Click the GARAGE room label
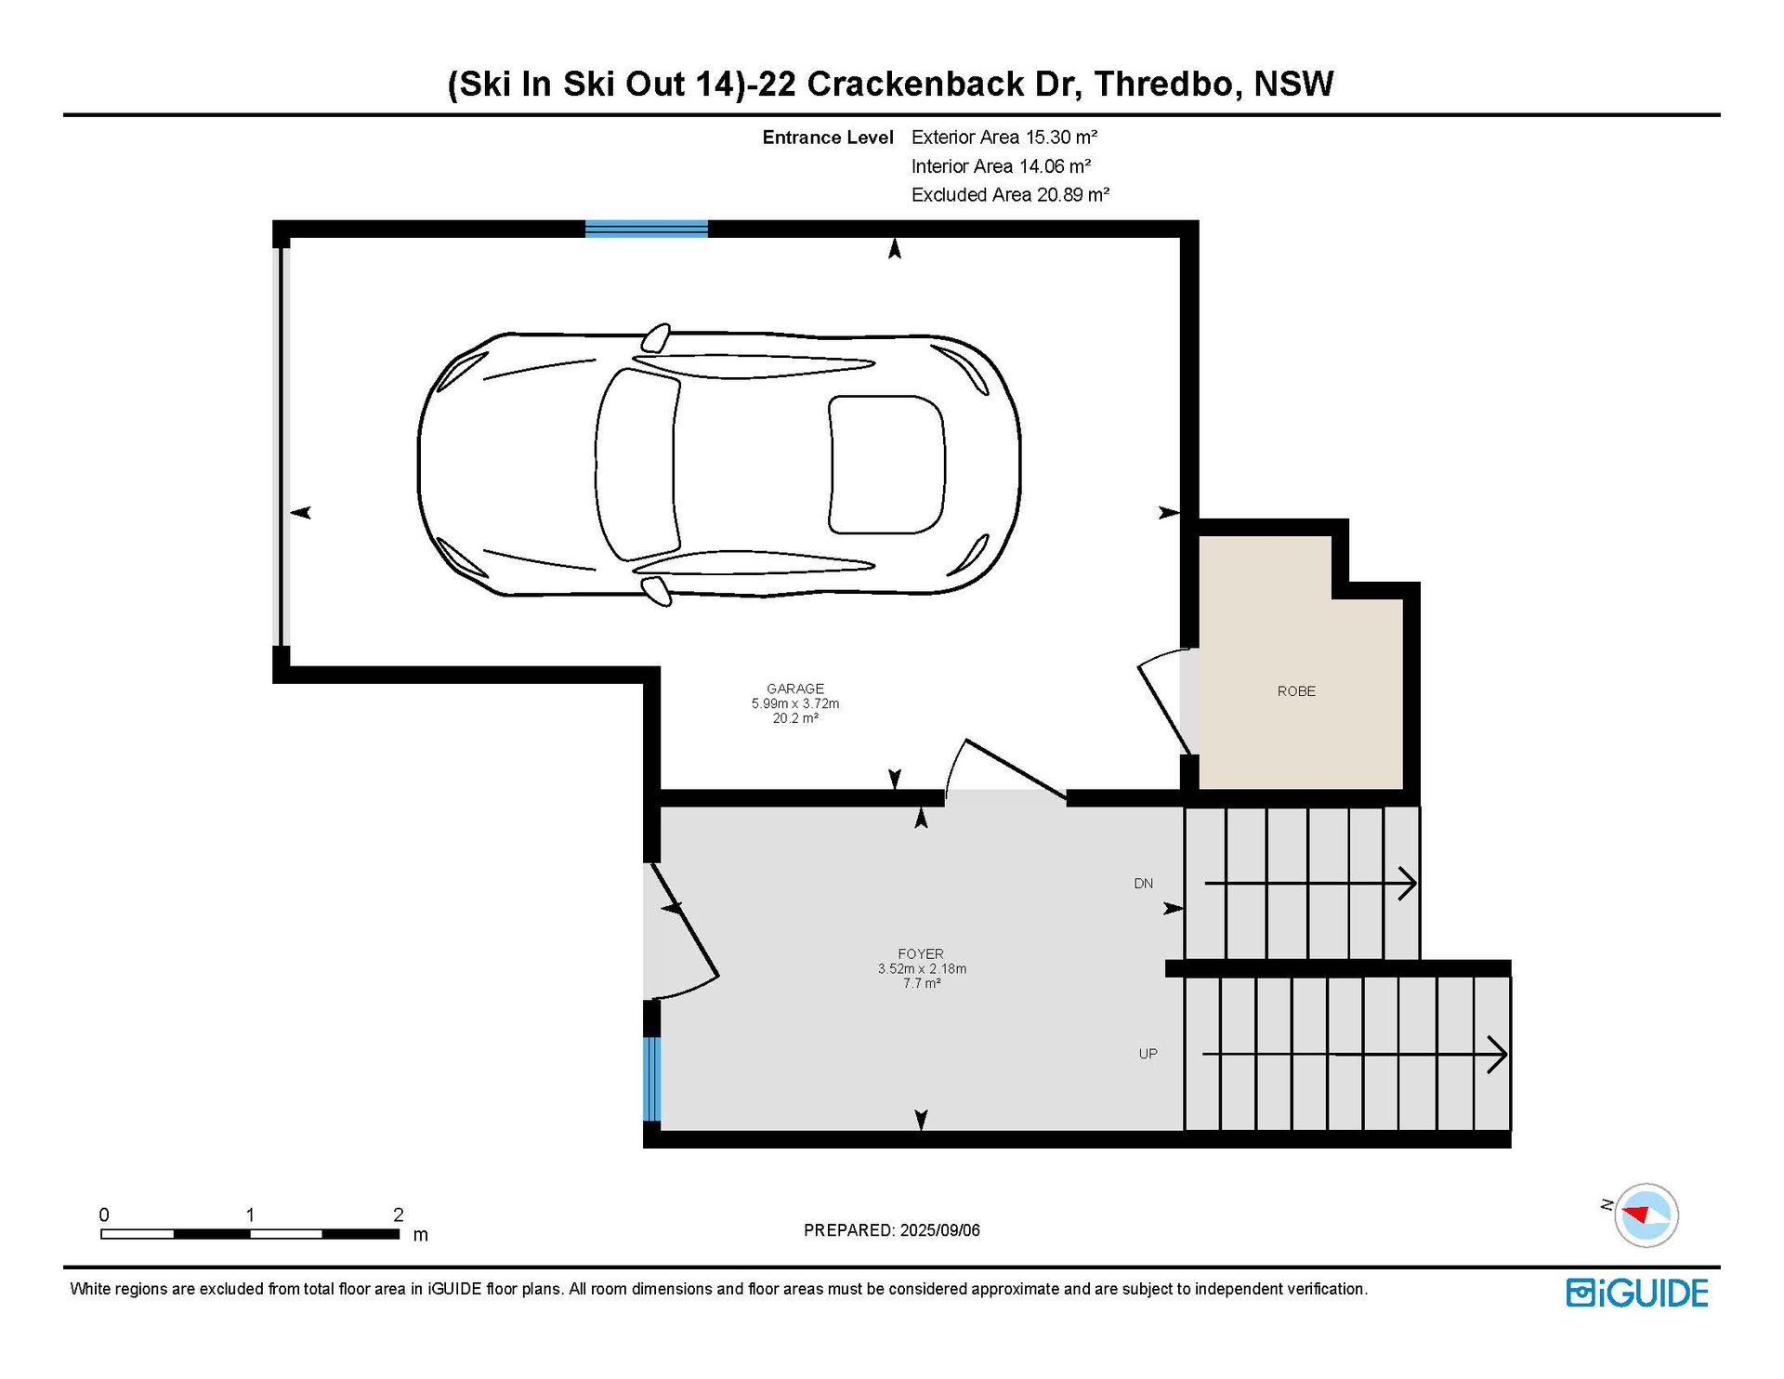795,689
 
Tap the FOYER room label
921,953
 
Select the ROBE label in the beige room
1296,691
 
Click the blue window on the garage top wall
647,229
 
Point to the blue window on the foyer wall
652,1079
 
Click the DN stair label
1143,883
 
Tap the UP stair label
1148,1054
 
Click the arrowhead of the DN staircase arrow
1409,883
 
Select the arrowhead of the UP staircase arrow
1498,1055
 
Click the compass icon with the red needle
1646,1215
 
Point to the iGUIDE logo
1637,1293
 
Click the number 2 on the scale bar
399,1215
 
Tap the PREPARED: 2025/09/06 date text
892,1230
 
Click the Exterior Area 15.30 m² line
1004,138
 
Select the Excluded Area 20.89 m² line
1010,195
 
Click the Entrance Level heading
828,138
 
